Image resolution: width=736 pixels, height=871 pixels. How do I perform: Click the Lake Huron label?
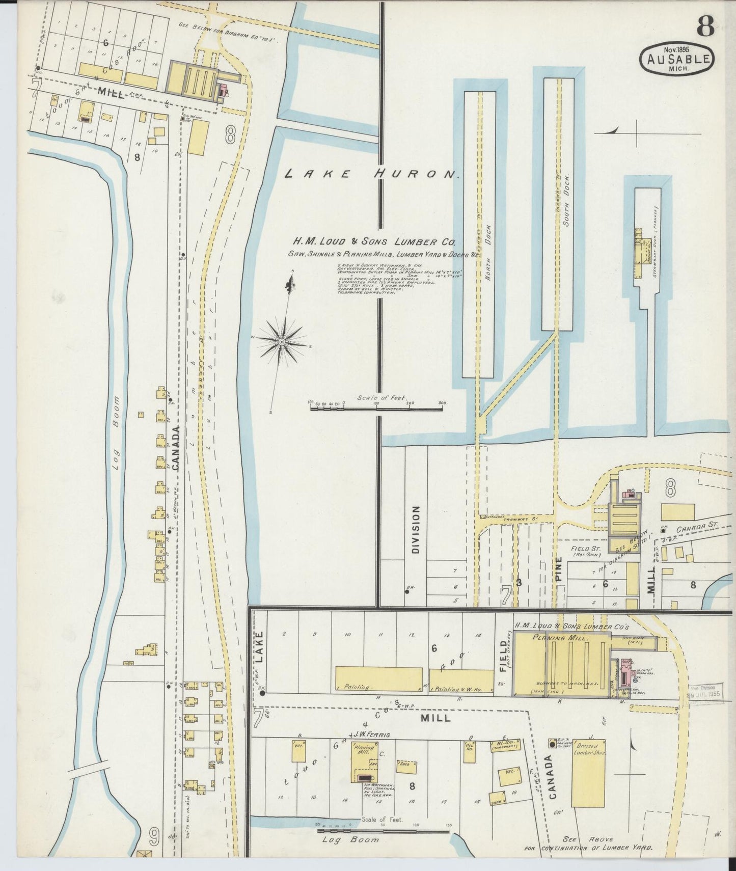coord(371,174)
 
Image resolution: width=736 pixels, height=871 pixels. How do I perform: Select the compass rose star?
coord(281,340)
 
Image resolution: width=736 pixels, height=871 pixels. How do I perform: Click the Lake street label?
coord(259,647)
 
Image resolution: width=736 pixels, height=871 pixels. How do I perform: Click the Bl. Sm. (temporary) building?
coord(504,746)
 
